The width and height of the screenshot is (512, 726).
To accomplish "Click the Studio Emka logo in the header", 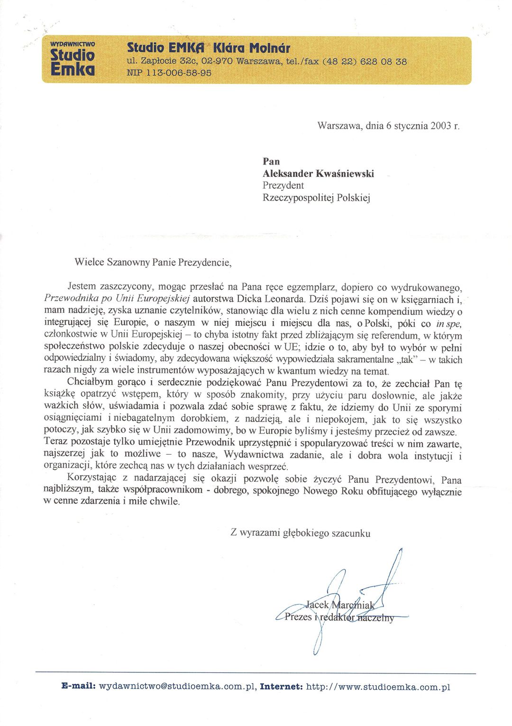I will point(73,59).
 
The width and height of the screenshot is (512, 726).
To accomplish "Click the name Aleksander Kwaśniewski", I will point(318,174).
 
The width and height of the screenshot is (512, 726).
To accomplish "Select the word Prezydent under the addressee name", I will point(283,185).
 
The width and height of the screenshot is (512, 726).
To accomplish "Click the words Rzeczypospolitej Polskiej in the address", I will point(316,197).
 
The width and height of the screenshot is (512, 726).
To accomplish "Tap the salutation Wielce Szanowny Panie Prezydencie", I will point(153,262).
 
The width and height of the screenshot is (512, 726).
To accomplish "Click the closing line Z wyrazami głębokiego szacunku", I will point(301,533).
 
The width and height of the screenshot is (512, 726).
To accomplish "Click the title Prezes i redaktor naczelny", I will point(339,617).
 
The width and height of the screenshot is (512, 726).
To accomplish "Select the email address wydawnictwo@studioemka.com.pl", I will point(178,687).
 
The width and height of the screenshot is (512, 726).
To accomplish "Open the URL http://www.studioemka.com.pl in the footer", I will point(378,687).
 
